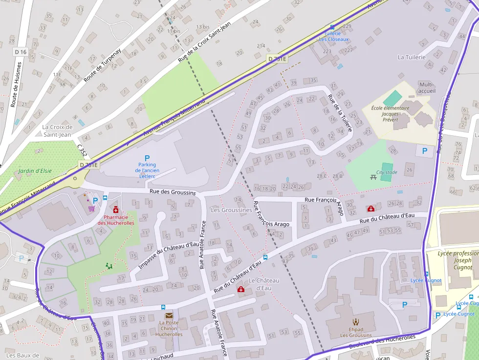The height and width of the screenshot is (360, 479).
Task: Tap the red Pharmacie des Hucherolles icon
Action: tap(116, 210)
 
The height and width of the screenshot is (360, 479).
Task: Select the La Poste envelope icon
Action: tap(169, 316)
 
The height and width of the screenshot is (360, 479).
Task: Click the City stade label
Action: tap(387, 172)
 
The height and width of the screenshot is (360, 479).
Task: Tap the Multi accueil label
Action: tap(427, 88)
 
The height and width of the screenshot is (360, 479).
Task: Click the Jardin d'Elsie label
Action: tap(35, 171)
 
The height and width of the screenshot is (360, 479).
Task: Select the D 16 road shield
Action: tap(20, 52)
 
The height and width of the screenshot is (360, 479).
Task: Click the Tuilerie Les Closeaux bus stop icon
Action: tap(332, 27)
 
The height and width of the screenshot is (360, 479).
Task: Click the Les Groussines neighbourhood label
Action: tap(231, 210)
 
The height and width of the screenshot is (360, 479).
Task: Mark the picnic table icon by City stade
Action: tap(373, 176)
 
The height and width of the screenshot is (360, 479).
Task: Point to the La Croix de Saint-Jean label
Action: tap(58, 130)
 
